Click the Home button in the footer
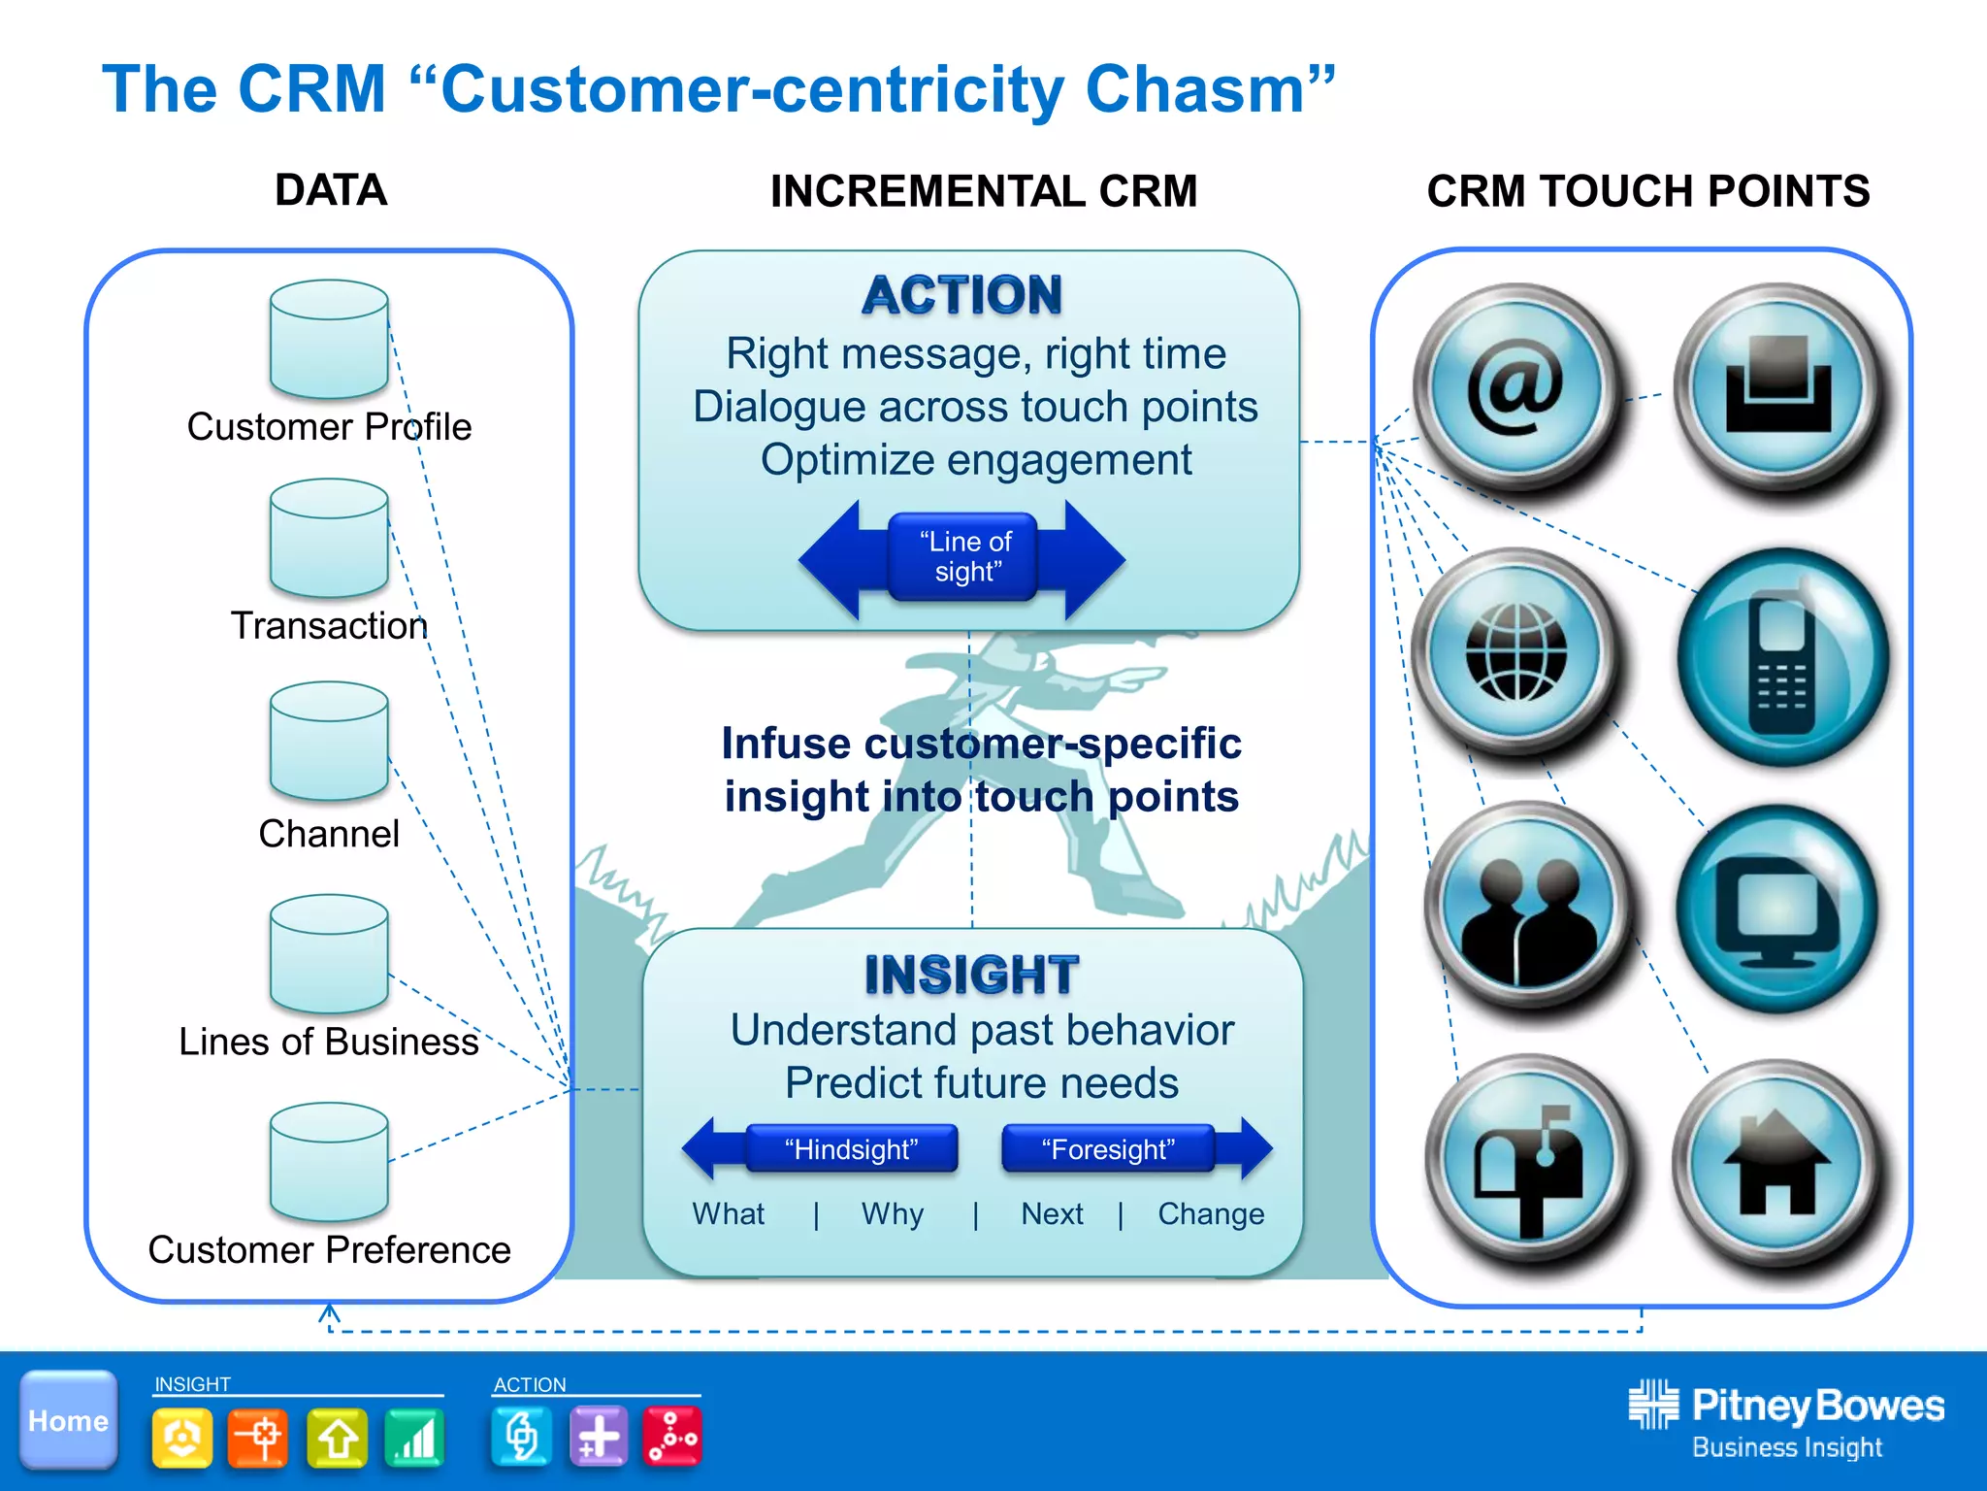(x=69, y=1419)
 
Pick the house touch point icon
(x=1776, y=1164)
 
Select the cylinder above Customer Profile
(x=329, y=340)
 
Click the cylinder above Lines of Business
(x=329, y=954)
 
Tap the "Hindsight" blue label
(x=852, y=1149)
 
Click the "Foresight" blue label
(x=1108, y=1149)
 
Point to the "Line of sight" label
(x=965, y=556)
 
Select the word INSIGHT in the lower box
(x=971, y=975)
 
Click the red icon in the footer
(x=671, y=1436)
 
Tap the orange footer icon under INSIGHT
(x=258, y=1437)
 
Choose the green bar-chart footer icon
(x=414, y=1437)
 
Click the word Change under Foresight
(x=1211, y=1213)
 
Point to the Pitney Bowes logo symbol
(x=1652, y=1404)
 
